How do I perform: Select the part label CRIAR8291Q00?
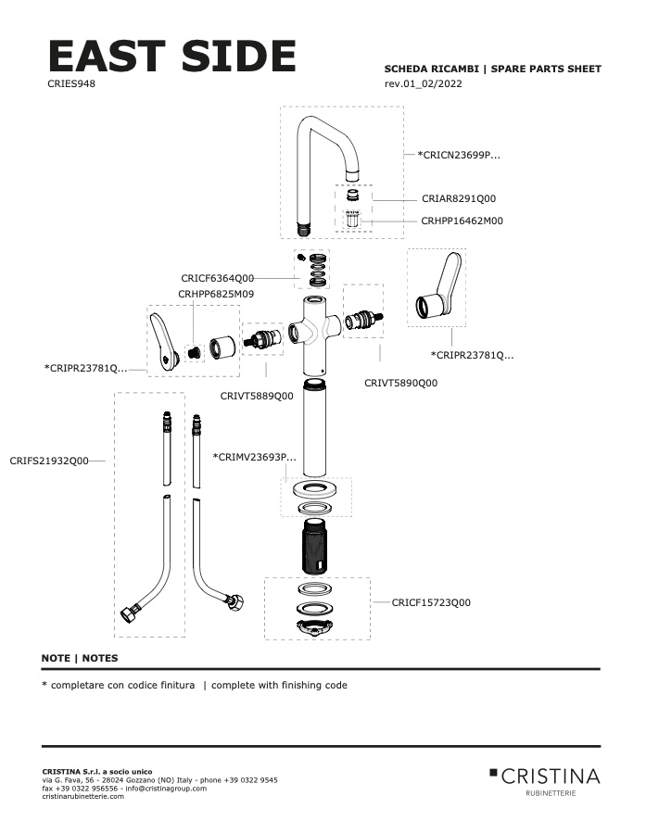tap(459, 198)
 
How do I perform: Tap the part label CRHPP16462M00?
tap(462, 221)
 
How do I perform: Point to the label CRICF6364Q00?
tap(218, 277)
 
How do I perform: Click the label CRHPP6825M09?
tap(216, 294)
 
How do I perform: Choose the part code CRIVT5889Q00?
tap(257, 396)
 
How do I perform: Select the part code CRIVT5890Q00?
tap(400, 382)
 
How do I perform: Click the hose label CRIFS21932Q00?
tap(49, 461)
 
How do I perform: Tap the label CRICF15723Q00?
tap(431, 602)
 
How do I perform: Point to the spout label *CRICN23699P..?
tap(459, 155)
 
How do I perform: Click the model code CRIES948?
tap(71, 83)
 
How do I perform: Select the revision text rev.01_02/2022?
tap(423, 84)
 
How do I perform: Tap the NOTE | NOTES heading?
tap(80, 658)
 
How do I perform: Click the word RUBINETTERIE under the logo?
tap(550, 794)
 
